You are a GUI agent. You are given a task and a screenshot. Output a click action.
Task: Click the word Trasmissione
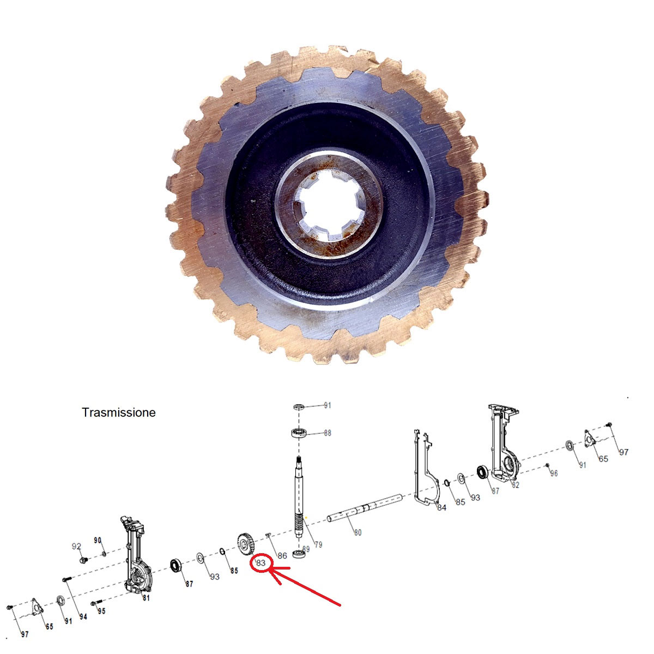coord(118,413)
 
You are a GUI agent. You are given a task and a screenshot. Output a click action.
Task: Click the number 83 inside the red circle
coord(261,563)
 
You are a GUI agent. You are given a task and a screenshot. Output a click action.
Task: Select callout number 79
coord(318,544)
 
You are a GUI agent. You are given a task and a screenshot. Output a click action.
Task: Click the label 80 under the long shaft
coord(358,532)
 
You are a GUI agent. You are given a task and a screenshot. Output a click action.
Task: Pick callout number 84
coord(441,507)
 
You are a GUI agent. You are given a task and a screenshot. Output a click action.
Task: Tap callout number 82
coord(516,485)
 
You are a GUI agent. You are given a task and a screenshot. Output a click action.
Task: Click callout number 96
coord(554,473)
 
